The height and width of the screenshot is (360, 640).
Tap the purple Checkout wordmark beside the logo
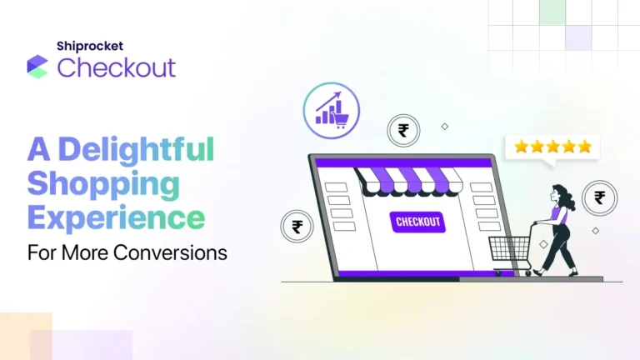tap(117, 67)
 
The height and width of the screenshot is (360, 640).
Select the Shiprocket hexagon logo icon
tap(37, 67)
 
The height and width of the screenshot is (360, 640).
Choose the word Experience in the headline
tap(116, 217)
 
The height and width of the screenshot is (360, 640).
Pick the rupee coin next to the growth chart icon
tap(403, 131)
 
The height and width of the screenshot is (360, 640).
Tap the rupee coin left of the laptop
tap(297, 226)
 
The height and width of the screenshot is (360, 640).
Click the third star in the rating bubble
tap(553, 147)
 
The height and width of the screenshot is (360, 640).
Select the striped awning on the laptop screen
tap(409, 179)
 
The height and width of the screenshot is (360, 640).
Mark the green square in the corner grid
tap(552, 12)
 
